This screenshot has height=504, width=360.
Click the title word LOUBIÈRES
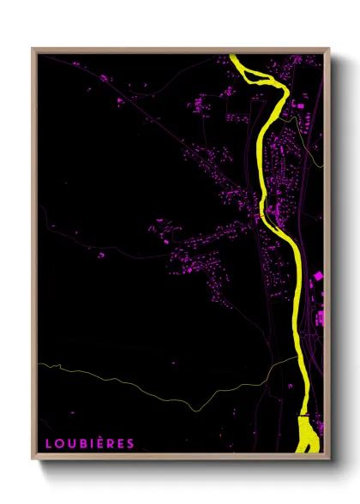coord(89,444)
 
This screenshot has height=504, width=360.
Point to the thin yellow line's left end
coord(39,364)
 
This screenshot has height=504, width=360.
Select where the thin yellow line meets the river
coord(297,357)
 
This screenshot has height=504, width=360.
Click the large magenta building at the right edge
coord(318,276)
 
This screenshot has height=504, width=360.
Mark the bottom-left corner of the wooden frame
coord(33,459)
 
